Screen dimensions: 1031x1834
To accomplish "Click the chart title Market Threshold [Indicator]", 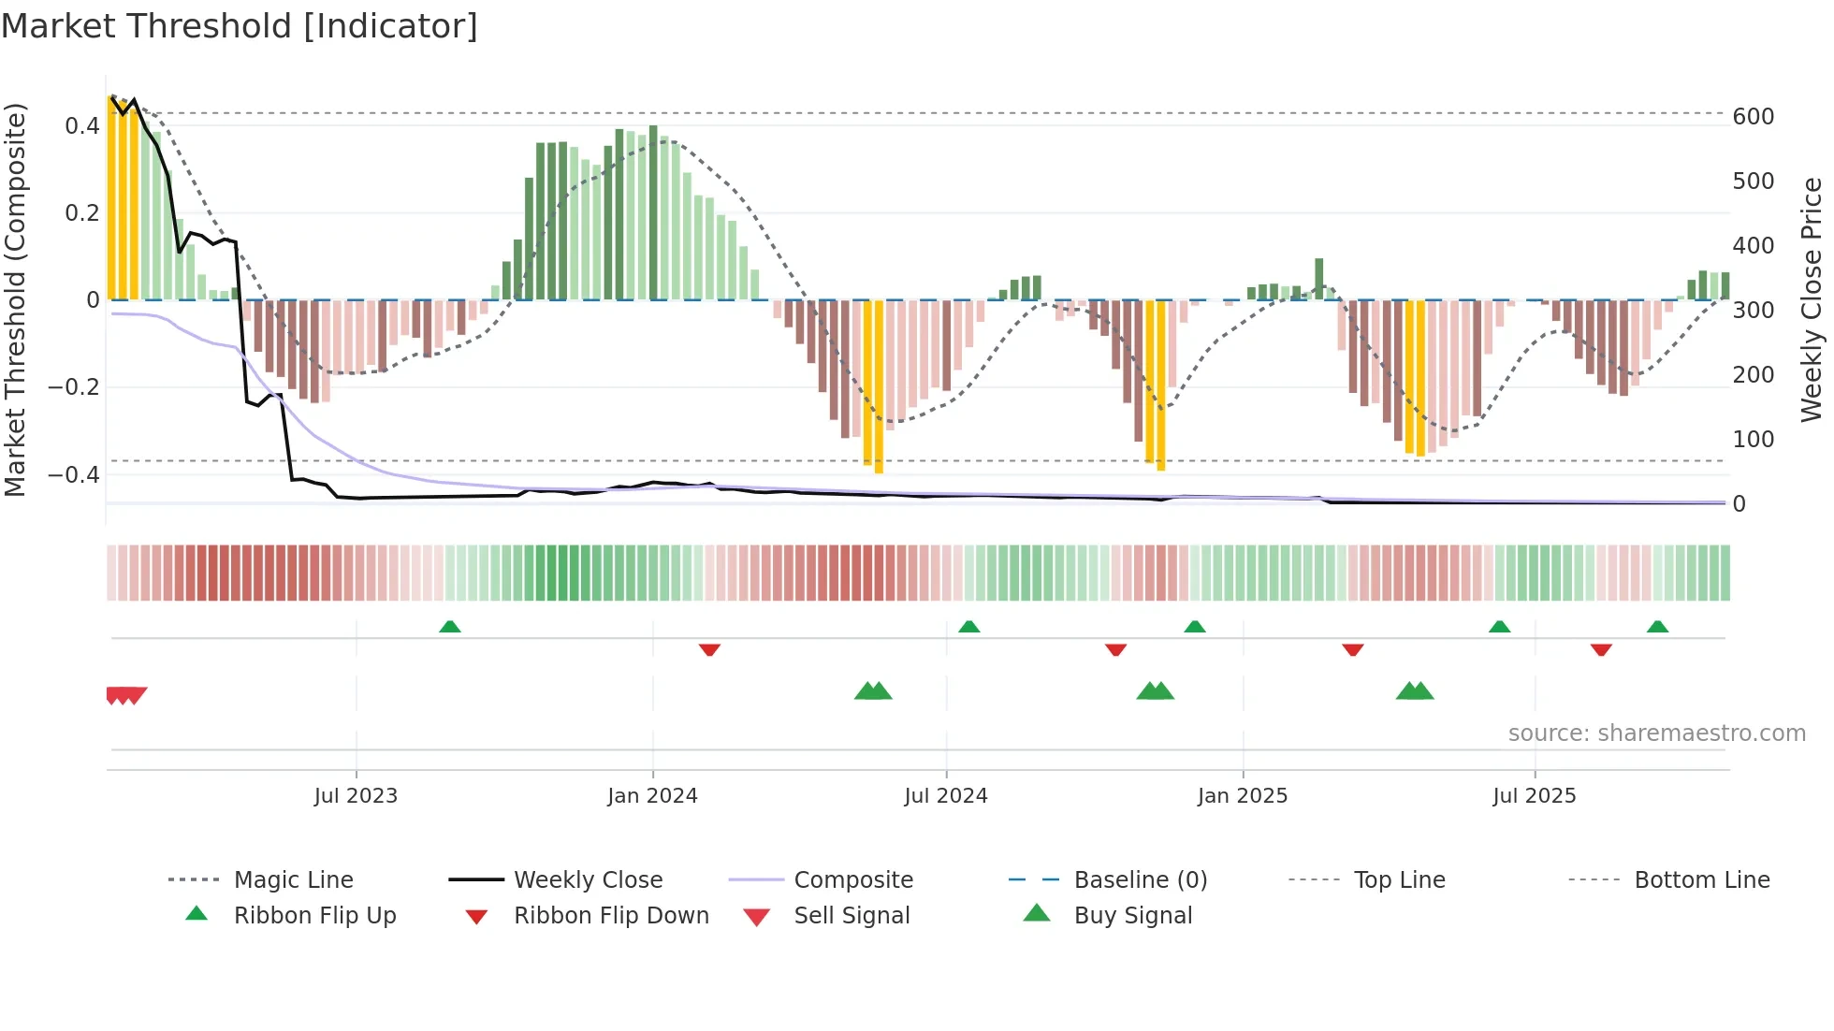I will pyautogui.click(x=240, y=26).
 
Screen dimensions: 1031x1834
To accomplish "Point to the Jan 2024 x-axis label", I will pyautogui.click(x=652, y=796).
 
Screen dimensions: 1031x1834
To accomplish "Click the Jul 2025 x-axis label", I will pyautogui.click(x=1534, y=796).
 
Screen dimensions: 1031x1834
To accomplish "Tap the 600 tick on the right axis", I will pyautogui.click(x=1753, y=117).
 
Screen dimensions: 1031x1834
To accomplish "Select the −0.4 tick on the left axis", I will pyautogui.click(x=74, y=475).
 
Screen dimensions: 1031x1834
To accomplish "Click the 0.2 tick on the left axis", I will pyautogui.click(x=81, y=213).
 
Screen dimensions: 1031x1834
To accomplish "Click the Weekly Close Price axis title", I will pyautogui.click(x=1812, y=299).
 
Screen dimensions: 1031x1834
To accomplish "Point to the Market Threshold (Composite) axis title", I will pyautogui.click(x=16, y=299).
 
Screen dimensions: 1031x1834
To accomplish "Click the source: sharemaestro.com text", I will pyautogui.click(x=1656, y=733).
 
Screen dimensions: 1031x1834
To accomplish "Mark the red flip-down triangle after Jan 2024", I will pyautogui.click(x=709, y=649).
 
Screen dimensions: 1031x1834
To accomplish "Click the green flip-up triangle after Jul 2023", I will pyautogui.click(x=450, y=626).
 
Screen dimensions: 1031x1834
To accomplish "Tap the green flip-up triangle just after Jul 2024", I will pyautogui.click(x=969, y=626).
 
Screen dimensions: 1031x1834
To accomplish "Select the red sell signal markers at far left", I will pyautogui.click(x=125, y=695).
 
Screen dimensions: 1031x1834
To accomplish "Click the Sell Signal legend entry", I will pyautogui.click(x=851, y=916).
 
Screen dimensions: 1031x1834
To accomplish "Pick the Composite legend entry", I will pyautogui.click(x=852, y=880).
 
